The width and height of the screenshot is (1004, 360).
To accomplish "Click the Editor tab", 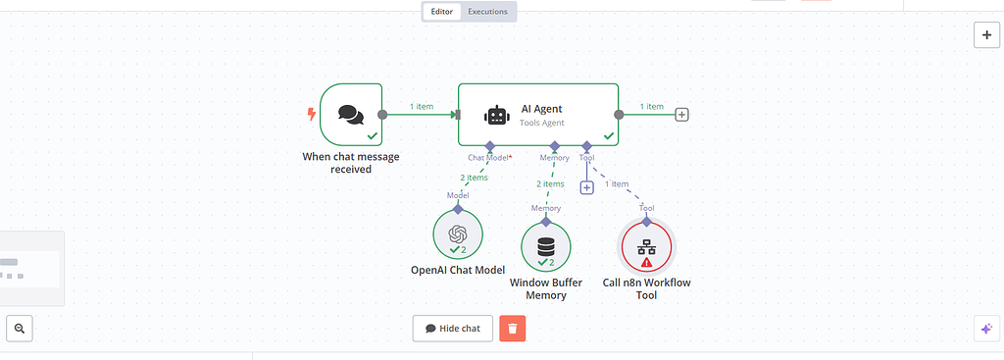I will point(442,12).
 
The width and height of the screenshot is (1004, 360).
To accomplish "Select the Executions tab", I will point(487,12).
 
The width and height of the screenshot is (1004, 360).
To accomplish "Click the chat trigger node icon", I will point(350,115).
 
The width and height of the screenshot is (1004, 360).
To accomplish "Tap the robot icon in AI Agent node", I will point(497,115).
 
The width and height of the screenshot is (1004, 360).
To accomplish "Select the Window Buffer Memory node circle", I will point(546,246).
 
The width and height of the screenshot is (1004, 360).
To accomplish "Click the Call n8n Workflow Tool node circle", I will point(646,246).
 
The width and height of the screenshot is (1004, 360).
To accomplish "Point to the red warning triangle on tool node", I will point(646,263).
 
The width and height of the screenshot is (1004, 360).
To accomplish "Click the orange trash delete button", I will point(512,328).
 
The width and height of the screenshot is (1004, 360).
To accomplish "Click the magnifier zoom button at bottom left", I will point(20,328).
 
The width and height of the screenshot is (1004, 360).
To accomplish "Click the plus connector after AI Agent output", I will point(682,115).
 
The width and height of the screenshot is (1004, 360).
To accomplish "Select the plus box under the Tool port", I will point(586,187).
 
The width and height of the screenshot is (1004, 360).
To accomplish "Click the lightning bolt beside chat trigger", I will point(312,114).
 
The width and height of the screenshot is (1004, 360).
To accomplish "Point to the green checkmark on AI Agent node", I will point(608,136).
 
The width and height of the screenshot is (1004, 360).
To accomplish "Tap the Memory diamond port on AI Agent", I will point(554,146).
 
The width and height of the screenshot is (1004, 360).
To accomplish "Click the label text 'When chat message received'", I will point(350,163).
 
